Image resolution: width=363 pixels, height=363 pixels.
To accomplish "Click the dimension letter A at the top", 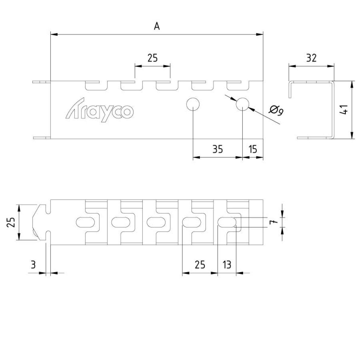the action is (x=157, y=26).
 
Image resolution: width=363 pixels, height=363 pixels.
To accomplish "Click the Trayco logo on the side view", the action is (x=100, y=110).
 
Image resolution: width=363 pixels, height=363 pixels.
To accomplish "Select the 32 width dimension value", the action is (x=311, y=58).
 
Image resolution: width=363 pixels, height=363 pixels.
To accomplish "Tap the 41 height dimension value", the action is (x=343, y=110).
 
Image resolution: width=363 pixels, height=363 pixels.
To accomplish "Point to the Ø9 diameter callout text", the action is (x=276, y=111).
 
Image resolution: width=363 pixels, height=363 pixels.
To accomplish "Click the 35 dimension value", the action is (x=217, y=149).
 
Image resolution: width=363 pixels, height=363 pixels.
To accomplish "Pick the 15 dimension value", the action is (x=253, y=149).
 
